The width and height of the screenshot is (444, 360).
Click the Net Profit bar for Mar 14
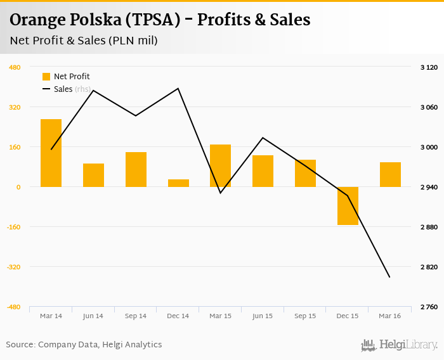coord(51,153)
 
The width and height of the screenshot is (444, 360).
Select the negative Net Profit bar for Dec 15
coord(348,206)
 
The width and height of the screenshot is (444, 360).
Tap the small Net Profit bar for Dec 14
coord(178,183)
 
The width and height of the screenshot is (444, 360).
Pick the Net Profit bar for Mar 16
coord(390,174)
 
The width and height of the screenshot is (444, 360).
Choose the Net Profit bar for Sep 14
coord(136,169)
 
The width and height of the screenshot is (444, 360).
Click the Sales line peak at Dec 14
coord(178,88)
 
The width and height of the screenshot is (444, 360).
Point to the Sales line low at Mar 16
coord(389,277)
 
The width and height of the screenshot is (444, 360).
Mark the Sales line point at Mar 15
coord(220,193)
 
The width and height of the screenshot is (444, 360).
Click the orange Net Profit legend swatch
coord(46,77)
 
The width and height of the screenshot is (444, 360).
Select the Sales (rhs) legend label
coord(72,89)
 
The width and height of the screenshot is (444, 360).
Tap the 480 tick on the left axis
coord(15,67)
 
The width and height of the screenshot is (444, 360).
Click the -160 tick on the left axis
coord(14,227)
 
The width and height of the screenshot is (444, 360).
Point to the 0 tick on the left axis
coord(18,187)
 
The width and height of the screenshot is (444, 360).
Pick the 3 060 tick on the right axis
coord(429,107)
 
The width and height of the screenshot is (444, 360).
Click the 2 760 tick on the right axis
coord(429,307)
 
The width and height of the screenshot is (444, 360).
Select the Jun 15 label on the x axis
coord(263,316)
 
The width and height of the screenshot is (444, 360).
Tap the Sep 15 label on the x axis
coord(305,316)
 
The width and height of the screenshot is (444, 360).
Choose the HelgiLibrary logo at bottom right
coord(400,345)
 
